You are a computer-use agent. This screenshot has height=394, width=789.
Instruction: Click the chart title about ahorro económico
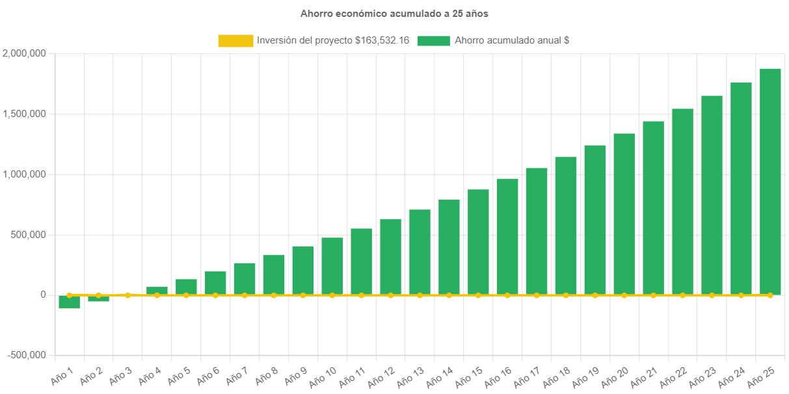[x=394, y=13]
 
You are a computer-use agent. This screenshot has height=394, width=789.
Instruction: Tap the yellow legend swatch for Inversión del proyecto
[x=235, y=41]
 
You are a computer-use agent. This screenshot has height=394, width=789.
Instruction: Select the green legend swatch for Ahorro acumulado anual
[x=433, y=41]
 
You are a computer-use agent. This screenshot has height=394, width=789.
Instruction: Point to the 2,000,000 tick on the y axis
[x=24, y=53]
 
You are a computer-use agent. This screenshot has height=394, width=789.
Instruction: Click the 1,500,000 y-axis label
[x=24, y=114]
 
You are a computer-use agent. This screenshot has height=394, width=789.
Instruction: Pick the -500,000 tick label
[x=27, y=355]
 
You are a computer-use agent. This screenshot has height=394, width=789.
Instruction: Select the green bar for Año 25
[x=770, y=181]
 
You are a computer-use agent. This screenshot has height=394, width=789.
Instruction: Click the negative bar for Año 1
[x=69, y=302]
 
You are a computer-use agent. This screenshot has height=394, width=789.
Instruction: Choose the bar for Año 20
[x=624, y=214]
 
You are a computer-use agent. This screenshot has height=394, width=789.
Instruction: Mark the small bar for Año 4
[x=157, y=291]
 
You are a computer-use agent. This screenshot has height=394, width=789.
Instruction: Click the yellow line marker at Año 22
[x=682, y=295]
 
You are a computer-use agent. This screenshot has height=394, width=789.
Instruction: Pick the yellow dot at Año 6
[x=215, y=295]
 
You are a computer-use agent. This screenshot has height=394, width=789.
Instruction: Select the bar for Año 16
[x=507, y=237]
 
